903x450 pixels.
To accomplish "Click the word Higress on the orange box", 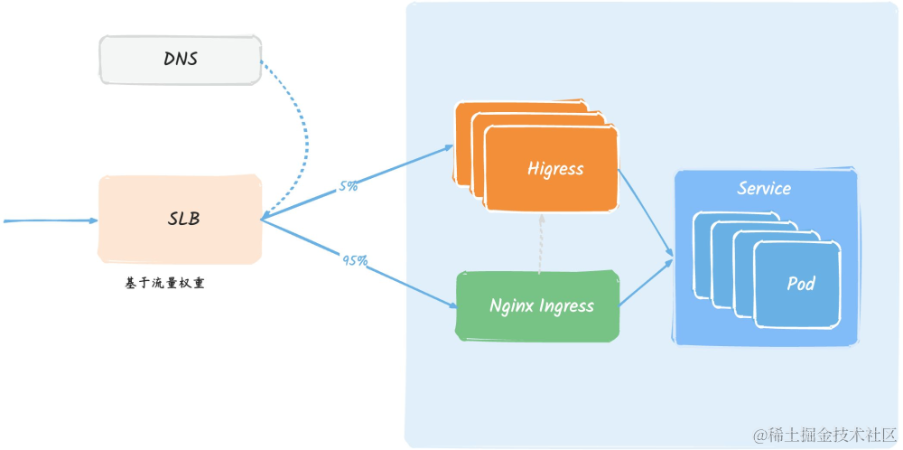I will [x=555, y=168].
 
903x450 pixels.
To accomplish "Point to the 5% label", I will [x=348, y=187].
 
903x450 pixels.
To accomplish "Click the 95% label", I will [x=354, y=260].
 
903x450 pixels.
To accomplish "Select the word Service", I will [x=764, y=189].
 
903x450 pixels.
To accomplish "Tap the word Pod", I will [x=800, y=284].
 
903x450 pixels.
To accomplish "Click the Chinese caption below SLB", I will [x=164, y=284].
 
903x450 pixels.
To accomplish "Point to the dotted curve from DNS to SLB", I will [x=304, y=136].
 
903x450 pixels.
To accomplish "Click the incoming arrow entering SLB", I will [x=50, y=220].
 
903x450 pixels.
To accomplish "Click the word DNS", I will [x=181, y=60].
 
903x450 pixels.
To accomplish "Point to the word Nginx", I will [x=512, y=305].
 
